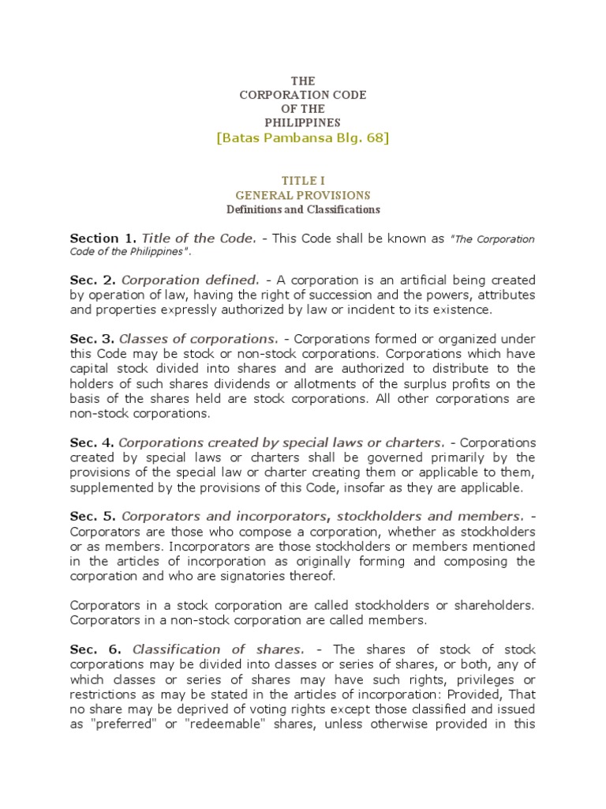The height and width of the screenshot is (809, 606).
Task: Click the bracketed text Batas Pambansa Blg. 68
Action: pyautogui.click(x=302, y=139)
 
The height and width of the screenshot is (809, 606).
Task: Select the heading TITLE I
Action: pyautogui.click(x=302, y=180)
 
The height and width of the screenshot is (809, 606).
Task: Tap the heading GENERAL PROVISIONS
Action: pyautogui.click(x=302, y=195)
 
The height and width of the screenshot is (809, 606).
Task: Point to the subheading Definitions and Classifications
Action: pyautogui.click(x=302, y=209)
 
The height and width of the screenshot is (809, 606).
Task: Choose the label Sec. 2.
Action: pyautogui.click(x=93, y=280)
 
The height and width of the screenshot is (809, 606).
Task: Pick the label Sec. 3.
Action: pyautogui.click(x=93, y=339)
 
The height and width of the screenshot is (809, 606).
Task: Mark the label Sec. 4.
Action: pyautogui.click(x=93, y=442)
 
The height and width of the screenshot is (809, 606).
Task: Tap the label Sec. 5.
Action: pyautogui.click(x=93, y=515)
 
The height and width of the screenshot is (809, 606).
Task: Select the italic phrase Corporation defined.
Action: pyautogui.click(x=190, y=280)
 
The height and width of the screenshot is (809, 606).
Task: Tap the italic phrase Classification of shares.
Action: pyautogui.click(x=218, y=649)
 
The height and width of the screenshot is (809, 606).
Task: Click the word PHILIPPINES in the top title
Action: pyautogui.click(x=302, y=122)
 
